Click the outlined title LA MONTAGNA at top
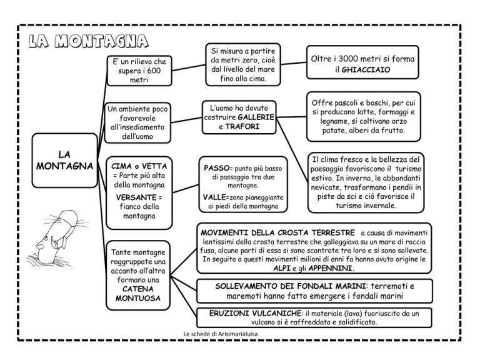point(89,41)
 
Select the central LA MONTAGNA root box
point(64,161)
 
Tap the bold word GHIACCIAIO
point(366,70)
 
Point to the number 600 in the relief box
point(154,71)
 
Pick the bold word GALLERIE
point(256,117)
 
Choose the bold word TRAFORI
point(242,126)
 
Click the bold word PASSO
point(216,168)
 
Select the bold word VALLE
point(214,197)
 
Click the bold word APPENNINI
point(330,269)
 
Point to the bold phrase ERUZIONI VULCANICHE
point(255,313)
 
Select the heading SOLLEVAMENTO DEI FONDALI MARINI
point(291,286)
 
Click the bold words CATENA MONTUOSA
point(137,294)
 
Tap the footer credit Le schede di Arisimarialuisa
point(221,334)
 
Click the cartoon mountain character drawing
point(57,237)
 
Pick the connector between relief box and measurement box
point(189,68)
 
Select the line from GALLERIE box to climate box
point(292,150)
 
